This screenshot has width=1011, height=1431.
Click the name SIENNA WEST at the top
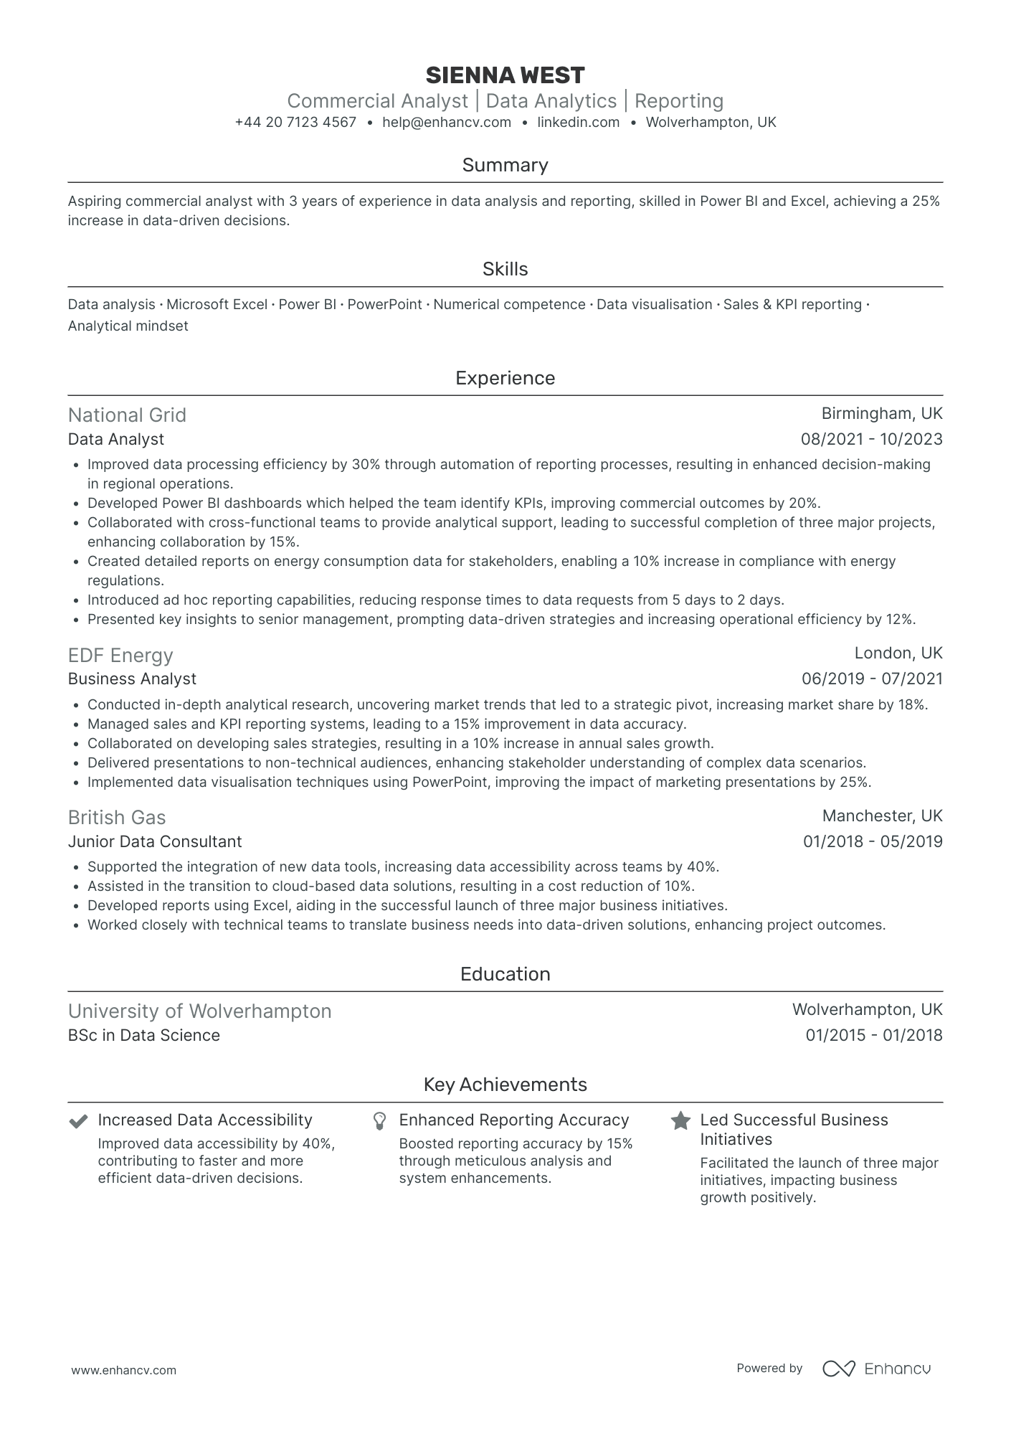505,75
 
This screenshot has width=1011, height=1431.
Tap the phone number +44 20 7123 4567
295,122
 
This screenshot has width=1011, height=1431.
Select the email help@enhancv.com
447,122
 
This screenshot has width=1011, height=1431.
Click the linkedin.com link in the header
578,122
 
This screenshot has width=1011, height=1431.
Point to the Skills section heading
505,269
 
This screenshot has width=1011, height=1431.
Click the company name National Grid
127,415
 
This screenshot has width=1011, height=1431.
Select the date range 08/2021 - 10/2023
871,439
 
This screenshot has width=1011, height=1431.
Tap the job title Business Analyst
132,679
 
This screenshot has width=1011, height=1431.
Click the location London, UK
898,653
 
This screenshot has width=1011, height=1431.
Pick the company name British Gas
117,818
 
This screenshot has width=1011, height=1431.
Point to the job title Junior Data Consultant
155,841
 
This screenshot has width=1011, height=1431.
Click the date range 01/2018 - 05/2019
872,841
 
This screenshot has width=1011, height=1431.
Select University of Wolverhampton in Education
199,1011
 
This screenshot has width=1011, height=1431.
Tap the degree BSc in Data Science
143,1035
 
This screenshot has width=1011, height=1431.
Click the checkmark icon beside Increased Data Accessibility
77,1121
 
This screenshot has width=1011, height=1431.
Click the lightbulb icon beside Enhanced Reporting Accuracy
380,1121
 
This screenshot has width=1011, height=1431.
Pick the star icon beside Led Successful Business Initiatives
680,1121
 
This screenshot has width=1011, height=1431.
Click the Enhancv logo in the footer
876,1369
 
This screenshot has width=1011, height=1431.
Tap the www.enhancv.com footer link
123,1370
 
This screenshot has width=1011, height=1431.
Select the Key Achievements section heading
505,1085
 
